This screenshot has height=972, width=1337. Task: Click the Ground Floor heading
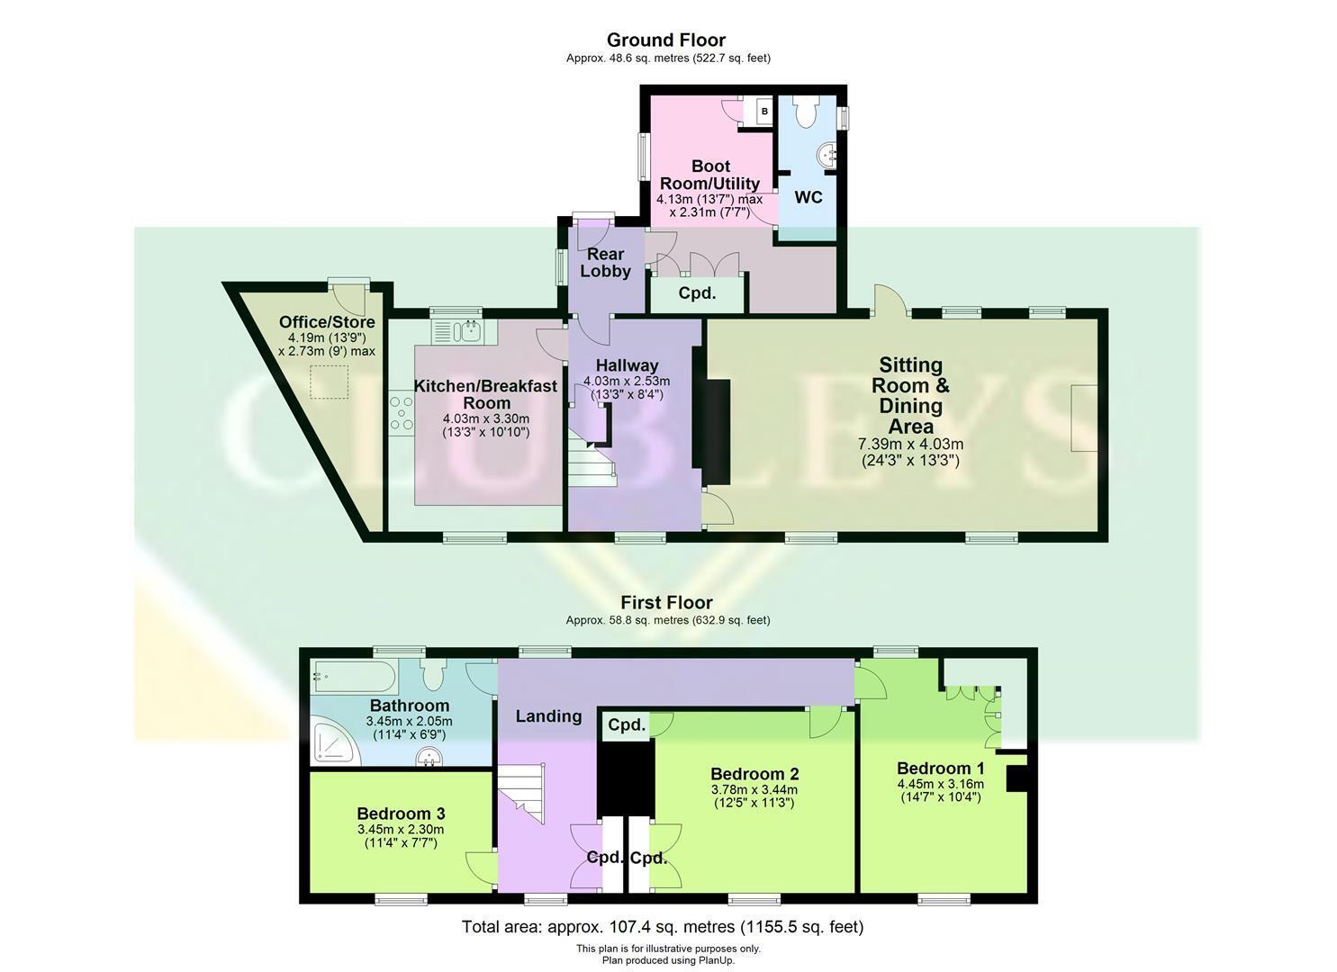point(666,40)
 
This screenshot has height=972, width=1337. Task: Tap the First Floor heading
point(667,602)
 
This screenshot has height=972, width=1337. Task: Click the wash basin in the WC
point(828,155)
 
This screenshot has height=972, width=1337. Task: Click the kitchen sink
point(465,331)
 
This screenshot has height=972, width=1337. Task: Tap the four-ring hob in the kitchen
point(402,411)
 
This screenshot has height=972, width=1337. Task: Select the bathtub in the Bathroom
point(353,677)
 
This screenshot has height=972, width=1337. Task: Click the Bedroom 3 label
point(402,814)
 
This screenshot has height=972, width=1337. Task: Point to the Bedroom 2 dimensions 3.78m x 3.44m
point(754,790)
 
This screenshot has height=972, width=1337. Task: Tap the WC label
point(809,197)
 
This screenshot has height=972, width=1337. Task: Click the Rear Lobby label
point(605,263)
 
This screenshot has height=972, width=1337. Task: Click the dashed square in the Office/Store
point(329,382)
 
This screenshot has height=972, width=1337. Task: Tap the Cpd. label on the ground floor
point(697,293)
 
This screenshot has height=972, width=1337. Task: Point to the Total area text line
point(663,927)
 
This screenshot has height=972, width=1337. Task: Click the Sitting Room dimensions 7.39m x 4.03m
point(910,444)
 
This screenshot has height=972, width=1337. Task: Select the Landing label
point(548,716)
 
